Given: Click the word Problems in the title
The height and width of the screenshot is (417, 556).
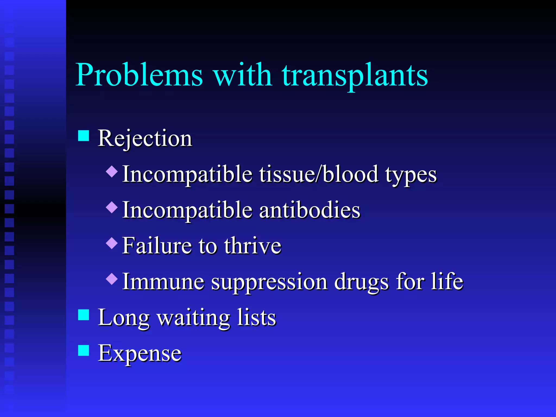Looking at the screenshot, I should coord(139,75).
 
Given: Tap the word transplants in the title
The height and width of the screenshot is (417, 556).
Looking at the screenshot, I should coord(355,75).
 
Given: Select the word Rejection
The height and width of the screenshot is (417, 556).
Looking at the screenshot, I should coord(145,138).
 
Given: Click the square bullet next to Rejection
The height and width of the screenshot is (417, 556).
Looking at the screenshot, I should coord(84,136).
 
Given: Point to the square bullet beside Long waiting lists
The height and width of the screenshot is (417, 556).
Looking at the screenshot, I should coord(84,315).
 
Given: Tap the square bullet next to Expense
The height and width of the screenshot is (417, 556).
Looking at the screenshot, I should coord(84,350).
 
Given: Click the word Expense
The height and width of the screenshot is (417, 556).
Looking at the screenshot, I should coord(140,353).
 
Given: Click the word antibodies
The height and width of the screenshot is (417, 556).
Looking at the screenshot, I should coord(309,210).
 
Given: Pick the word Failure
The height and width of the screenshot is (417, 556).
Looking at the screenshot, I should coord(157,246).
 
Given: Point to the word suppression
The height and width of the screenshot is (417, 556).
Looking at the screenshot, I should coord(269,282).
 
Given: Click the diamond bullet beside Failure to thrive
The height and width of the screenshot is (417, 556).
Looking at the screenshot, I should coord(112,243).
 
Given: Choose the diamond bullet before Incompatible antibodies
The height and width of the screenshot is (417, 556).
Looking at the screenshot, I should coord(112,207).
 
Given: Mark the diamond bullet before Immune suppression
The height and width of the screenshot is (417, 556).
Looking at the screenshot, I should coord(112,279).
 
